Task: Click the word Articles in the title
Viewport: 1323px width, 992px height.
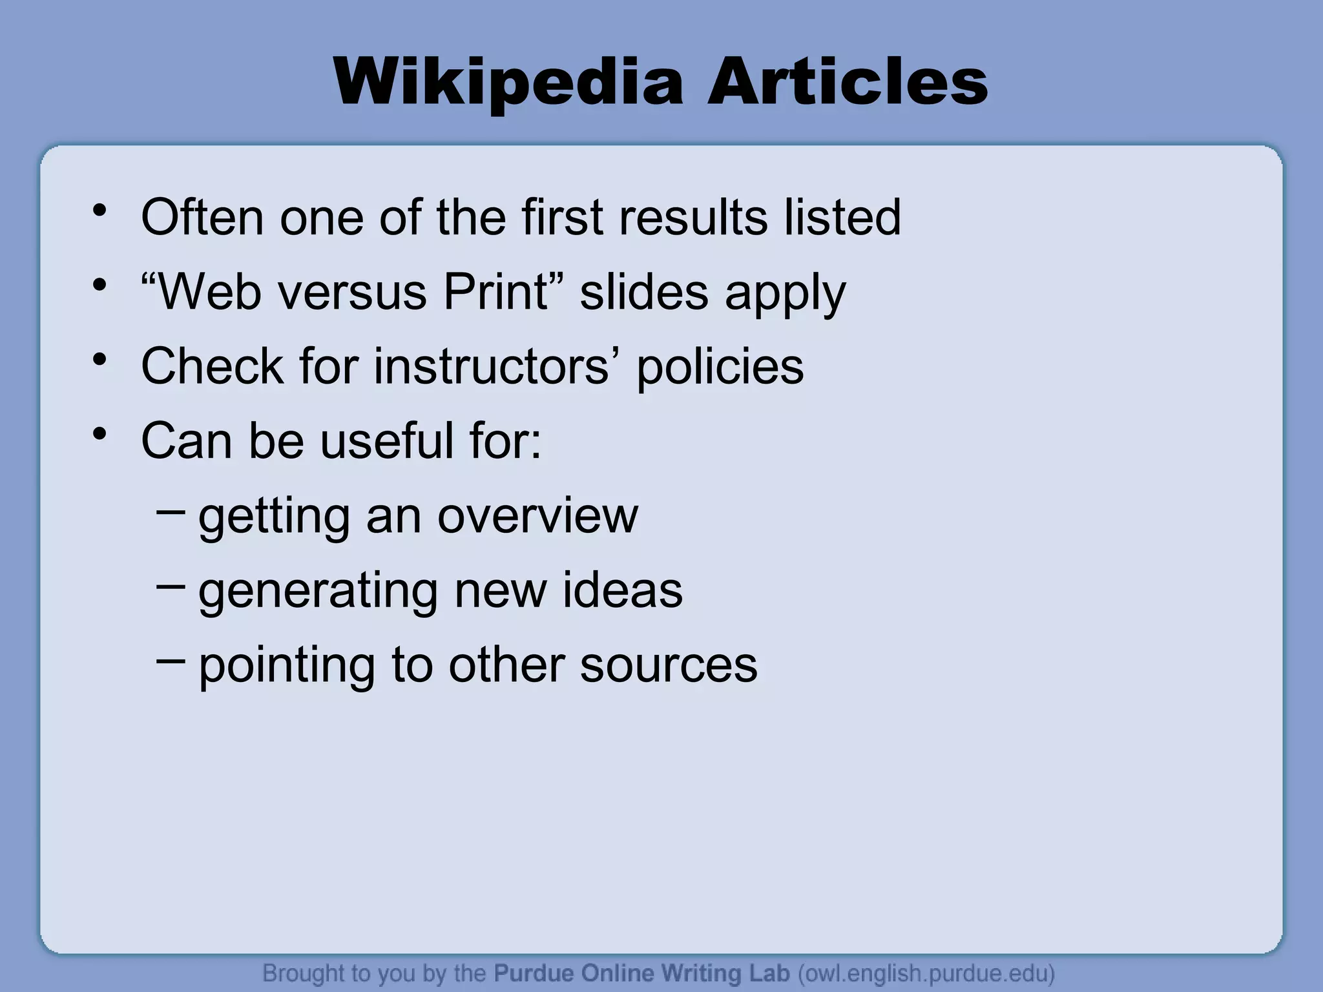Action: coord(848,83)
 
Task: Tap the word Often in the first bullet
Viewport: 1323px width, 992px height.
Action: coord(202,217)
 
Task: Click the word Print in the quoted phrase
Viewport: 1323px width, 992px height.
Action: coord(495,292)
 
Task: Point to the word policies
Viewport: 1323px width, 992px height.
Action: coord(720,366)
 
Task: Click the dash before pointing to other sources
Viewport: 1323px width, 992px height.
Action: coord(170,660)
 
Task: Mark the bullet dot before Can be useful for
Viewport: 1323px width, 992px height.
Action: coord(99,435)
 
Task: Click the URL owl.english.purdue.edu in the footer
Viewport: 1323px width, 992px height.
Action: coord(926,973)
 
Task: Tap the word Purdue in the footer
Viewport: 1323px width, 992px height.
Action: coord(534,973)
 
